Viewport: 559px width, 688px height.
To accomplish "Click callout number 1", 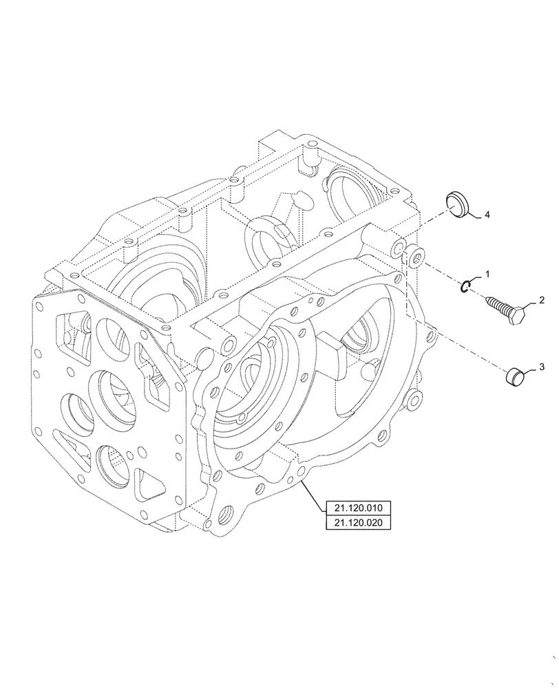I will click(x=487, y=274).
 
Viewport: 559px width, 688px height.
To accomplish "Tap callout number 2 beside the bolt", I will click(x=542, y=301).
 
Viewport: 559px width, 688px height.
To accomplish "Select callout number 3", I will click(x=542, y=367).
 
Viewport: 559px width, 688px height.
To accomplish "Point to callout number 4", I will click(x=487, y=215).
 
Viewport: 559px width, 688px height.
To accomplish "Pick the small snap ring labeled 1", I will click(x=466, y=286).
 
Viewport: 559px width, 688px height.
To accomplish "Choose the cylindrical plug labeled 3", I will click(x=514, y=376).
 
